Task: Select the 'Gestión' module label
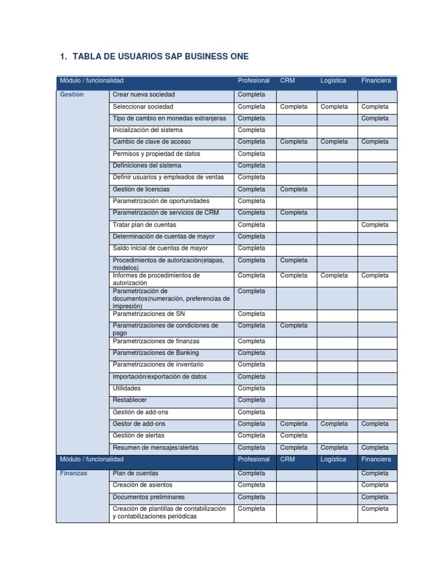pos(72,94)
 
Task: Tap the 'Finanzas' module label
pos(74,473)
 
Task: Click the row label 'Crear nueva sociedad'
pos(143,94)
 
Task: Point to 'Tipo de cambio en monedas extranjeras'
pos(169,118)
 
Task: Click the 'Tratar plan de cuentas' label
pos(144,224)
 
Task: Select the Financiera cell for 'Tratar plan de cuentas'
pos(375,224)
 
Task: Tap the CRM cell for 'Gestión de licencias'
pos(294,189)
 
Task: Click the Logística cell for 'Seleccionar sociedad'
pos(334,106)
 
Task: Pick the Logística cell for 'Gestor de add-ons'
pos(334,424)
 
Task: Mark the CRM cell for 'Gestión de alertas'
pos(294,435)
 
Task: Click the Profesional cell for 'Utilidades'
pos(251,388)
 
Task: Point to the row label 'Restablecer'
pos(129,400)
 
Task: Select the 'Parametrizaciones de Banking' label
pos(155,353)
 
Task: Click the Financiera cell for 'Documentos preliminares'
pos(375,497)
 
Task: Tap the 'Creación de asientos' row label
pos(142,484)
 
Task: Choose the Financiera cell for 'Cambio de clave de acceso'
pos(375,142)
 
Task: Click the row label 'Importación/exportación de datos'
pos(159,376)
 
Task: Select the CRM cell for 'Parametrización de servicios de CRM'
pos(294,213)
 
